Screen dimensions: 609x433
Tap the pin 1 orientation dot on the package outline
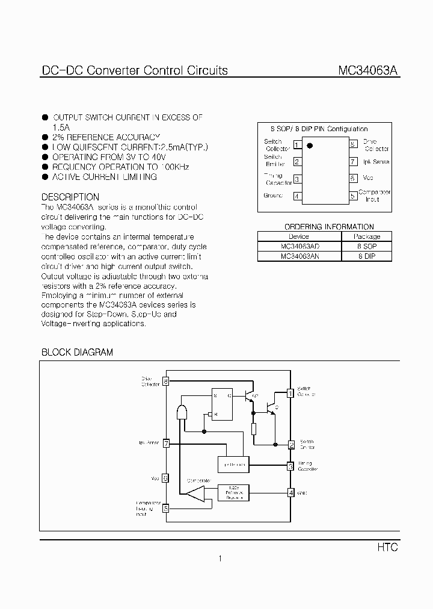click(x=310, y=146)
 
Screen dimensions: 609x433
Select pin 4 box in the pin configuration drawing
click(x=297, y=196)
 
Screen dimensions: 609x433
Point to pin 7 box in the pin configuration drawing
click(x=353, y=162)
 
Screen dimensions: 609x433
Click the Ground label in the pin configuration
click(x=273, y=196)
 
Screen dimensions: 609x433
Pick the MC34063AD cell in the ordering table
click(x=299, y=247)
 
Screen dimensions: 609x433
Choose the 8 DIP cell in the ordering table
click(x=367, y=256)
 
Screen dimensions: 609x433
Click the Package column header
click(x=367, y=236)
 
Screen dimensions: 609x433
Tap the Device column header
click(x=299, y=236)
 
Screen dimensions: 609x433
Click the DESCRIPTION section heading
click(x=70, y=197)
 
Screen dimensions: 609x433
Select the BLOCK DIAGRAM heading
click(x=77, y=353)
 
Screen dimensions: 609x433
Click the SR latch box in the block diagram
click(x=221, y=404)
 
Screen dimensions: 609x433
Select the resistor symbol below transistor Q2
click(x=254, y=429)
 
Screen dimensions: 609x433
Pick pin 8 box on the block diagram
click(x=166, y=381)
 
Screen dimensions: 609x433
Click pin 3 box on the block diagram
click(x=290, y=466)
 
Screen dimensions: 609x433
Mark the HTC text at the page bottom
click(x=388, y=548)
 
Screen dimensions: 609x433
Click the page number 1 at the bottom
click(x=220, y=559)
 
